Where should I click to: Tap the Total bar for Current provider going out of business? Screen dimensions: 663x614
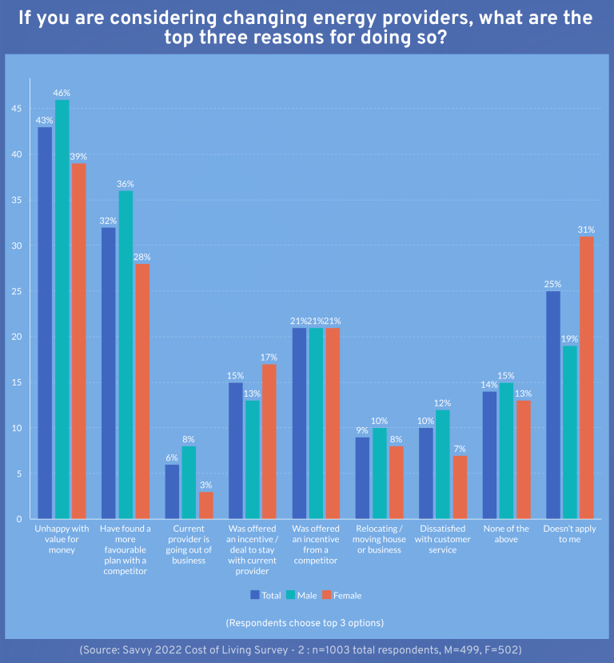[173, 491]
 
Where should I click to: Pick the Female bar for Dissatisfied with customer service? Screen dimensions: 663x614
[459, 487]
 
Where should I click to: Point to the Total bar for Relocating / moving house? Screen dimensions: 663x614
[363, 477]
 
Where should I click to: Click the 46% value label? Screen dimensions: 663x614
[62, 93]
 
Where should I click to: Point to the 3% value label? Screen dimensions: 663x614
[205, 485]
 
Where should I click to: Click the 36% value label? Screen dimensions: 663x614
[126, 184]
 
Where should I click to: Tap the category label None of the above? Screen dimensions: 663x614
[505, 534]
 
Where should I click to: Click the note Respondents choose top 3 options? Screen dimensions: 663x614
[305, 622]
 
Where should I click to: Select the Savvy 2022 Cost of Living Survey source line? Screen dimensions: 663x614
[307, 650]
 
